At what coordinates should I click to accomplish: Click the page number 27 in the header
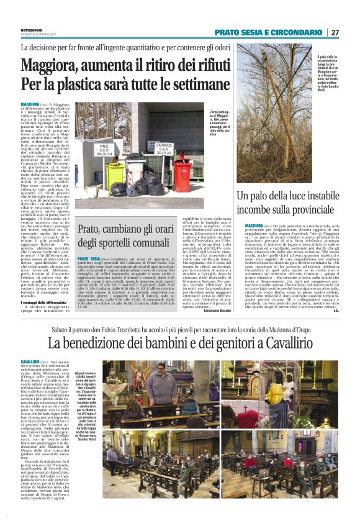click(x=335, y=32)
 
